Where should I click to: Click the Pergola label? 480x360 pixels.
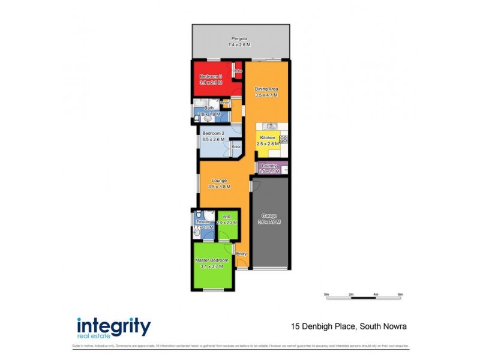pyautogui.click(x=240, y=38)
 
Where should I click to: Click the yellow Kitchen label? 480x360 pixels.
pyautogui.click(x=268, y=137)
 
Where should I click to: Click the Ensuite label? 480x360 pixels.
pyautogui.click(x=203, y=222)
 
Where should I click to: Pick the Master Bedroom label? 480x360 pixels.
pyautogui.click(x=212, y=260)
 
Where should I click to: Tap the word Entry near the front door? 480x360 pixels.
pyautogui.click(x=241, y=254)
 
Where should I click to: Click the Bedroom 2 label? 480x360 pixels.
pyautogui.click(x=213, y=133)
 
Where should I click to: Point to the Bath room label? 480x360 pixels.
pyautogui.click(x=208, y=108)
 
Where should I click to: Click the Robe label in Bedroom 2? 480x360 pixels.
pyautogui.click(x=236, y=146)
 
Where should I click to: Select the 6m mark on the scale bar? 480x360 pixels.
pyautogui.click(x=400, y=294)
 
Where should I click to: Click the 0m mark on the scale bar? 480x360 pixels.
pyautogui.click(x=326, y=294)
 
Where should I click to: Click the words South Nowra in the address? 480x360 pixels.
pyautogui.click(x=383, y=326)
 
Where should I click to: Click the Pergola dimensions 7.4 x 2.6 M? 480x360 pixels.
pyautogui.click(x=240, y=45)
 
